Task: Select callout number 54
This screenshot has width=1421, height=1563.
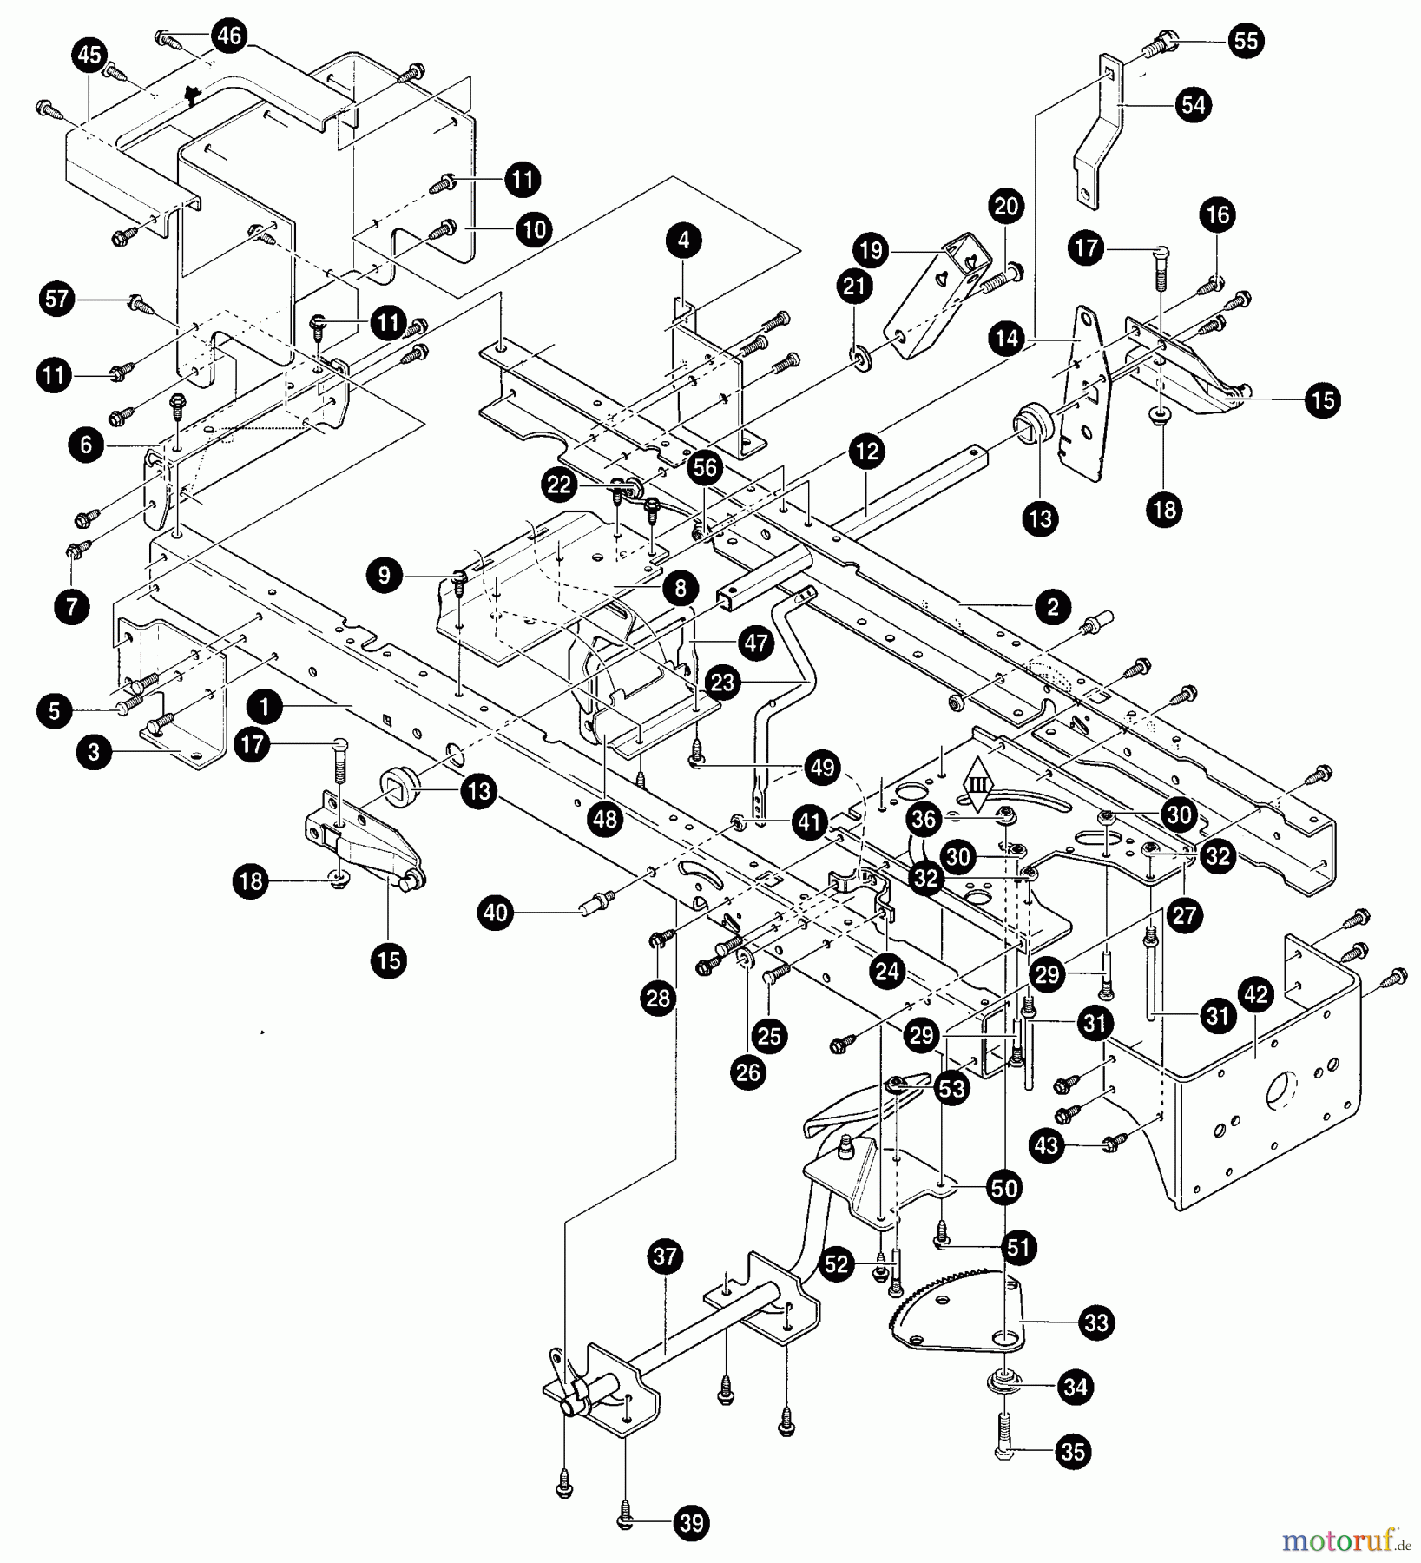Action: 1194,105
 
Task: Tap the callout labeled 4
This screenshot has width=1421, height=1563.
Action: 684,240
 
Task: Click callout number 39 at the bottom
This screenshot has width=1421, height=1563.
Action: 692,1522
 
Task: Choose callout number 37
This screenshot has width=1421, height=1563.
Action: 666,1256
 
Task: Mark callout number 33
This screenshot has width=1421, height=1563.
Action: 1096,1322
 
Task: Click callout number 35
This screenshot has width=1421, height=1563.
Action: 1074,1451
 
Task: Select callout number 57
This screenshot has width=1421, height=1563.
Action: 56,300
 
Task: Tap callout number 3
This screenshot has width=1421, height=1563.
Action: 94,752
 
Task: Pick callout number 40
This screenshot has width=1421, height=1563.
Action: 496,913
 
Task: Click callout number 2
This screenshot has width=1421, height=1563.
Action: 1053,607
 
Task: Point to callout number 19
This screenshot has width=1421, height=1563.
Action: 872,251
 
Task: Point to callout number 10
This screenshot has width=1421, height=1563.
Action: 536,229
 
